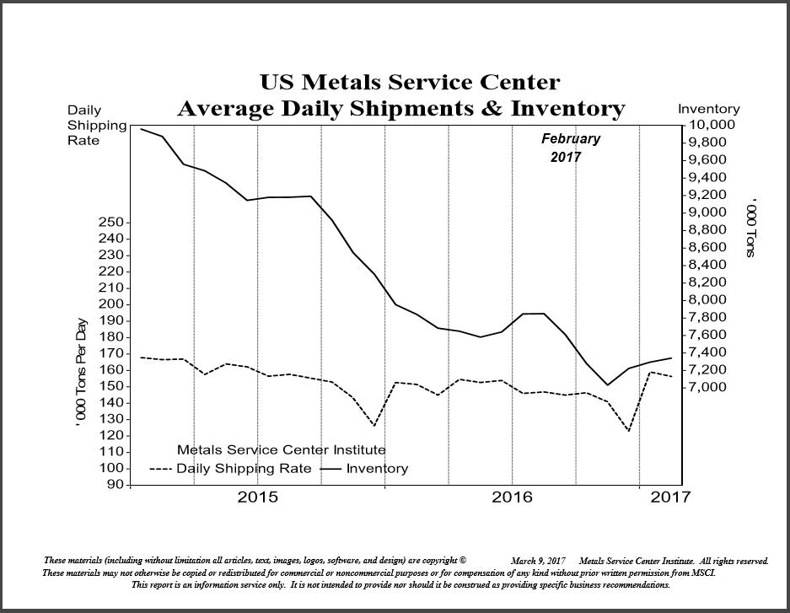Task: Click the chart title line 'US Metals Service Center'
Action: tap(410, 83)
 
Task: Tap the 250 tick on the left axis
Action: tap(113, 222)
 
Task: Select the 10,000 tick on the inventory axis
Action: tap(712, 125)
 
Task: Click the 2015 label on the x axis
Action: tap(258, 497)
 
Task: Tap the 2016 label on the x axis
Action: tap(513, 497)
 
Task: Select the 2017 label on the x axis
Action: tap(671, 497)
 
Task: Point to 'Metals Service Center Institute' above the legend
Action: tap(281, 450)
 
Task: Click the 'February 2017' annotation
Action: tap(571, 148)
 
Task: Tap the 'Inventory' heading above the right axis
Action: tap(709, 109)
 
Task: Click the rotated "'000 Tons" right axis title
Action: tap(753, 229)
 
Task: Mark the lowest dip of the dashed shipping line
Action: tap(628, 431)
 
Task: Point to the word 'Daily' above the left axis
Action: tap(84, 110)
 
